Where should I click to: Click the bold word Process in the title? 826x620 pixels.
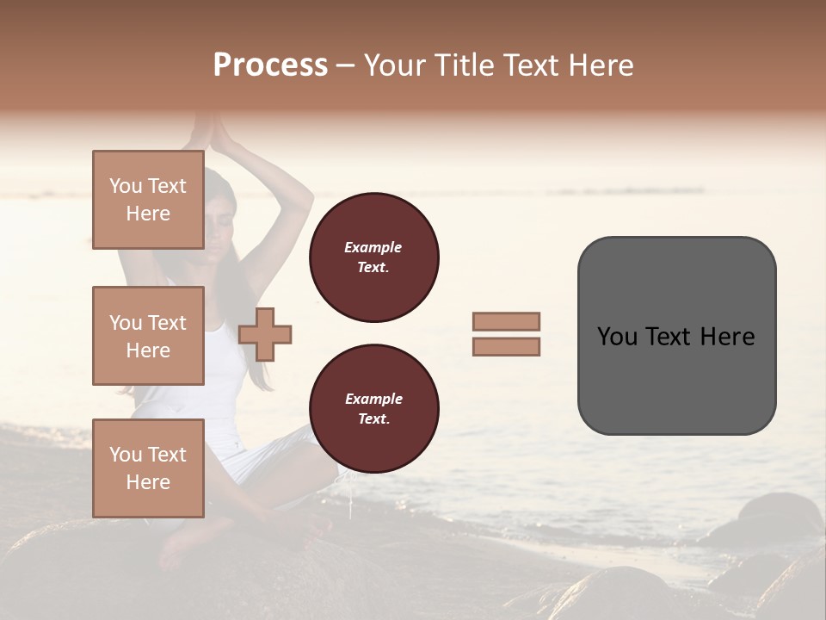point(270,65)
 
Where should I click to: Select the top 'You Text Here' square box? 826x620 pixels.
point(148,200)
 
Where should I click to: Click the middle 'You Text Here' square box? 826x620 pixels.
point(148,336)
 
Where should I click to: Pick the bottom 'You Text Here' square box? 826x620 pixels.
point(148,468)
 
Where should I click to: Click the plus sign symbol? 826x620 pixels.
point(265,334)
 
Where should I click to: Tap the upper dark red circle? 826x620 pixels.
point(373,257)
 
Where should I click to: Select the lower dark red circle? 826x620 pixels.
point(373,409)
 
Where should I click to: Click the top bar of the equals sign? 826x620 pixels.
point(506,321)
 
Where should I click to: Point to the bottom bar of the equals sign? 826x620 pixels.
point(506,346)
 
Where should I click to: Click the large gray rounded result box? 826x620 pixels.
point(676,379)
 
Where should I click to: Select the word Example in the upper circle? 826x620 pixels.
point(373,247)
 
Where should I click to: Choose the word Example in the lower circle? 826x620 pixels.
point(373,399)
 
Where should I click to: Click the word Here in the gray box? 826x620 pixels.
point(727,337)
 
